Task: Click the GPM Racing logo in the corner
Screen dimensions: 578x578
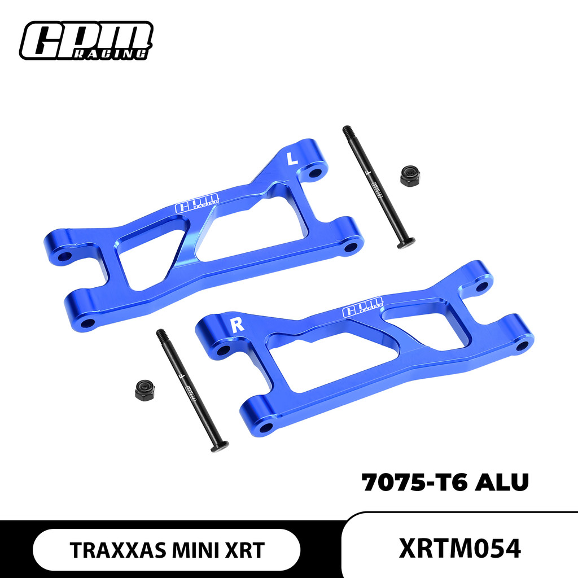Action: tap(86, 40)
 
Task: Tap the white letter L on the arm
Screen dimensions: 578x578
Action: tap(292, 159)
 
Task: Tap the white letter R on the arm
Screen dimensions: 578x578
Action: tap(237, 325)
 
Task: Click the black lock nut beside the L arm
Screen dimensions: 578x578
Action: tap(410, 176)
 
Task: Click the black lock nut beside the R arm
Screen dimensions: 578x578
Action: tap(146, 389)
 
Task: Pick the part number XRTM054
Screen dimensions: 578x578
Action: tap(459, 549)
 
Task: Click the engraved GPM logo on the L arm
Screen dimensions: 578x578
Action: tap(199, 203)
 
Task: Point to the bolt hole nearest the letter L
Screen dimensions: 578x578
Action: tap(316, 172)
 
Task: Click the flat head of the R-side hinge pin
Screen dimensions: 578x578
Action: tap(220, 446)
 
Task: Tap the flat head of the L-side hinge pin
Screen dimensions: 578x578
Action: tap(405, 243)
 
